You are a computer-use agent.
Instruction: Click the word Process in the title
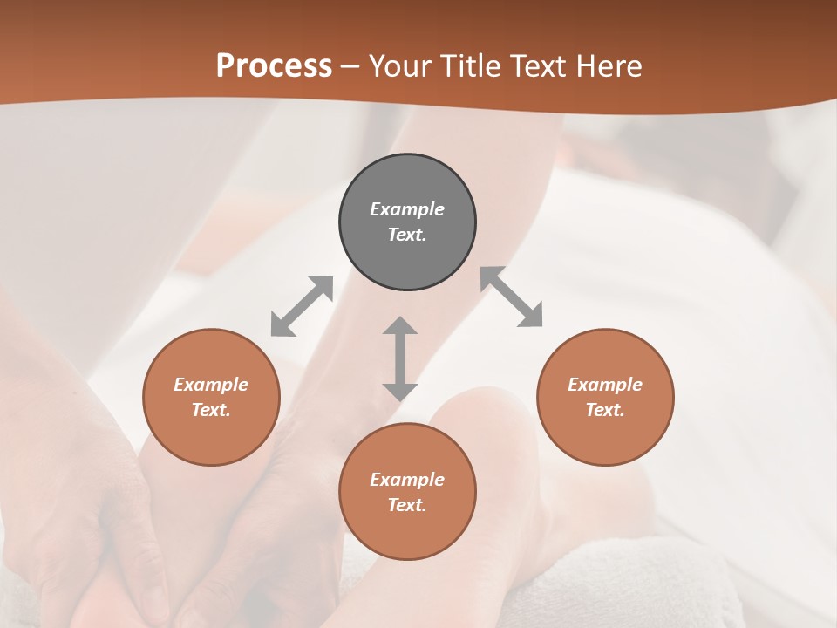274,66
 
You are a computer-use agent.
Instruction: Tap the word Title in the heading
471,66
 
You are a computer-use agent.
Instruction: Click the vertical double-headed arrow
400,358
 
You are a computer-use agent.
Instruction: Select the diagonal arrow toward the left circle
302,306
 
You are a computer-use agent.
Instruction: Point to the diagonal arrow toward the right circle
512,297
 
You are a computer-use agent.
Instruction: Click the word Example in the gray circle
407,209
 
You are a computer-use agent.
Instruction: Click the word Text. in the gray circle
407,235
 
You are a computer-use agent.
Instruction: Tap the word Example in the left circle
211,385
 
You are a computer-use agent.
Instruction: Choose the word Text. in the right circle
605,410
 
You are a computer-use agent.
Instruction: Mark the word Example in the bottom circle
407,480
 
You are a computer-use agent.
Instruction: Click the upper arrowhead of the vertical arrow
400,327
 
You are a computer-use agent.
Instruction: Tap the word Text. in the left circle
211,410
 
